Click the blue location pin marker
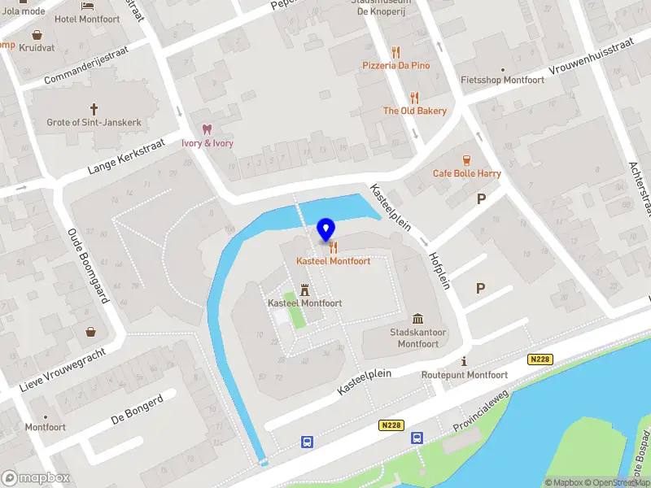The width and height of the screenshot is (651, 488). [325, 231]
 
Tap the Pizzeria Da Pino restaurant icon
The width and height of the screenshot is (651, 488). [395, 52]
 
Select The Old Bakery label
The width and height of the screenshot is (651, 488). [415, 111]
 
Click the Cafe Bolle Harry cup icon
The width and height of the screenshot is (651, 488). [466, 159]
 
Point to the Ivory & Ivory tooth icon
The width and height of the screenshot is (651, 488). [207, 129]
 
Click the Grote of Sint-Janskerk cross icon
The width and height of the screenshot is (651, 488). [94, 108]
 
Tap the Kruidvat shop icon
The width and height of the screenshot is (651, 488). [37, 35]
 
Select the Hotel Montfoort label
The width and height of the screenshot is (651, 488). [87, 19]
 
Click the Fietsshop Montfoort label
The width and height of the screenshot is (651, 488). [502, 81]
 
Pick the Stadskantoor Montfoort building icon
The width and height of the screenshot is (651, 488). [417, 318]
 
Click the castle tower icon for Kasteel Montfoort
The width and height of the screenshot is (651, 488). [305, 290]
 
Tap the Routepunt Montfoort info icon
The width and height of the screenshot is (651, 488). [464, 361]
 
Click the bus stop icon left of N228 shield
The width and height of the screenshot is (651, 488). [307, 442]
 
